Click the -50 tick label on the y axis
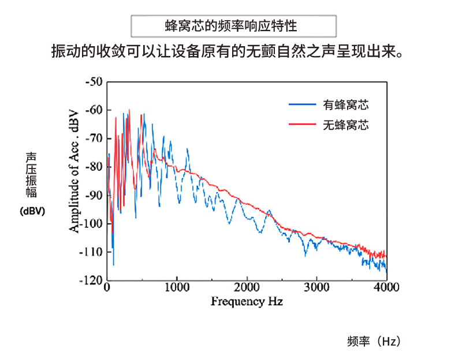click(x=93, y=82)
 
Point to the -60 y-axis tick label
click(x=93, y=110)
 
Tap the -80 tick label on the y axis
click(x=93, y=167)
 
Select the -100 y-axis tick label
click(x=91, y=223)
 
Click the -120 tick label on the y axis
click(x=91, y=280)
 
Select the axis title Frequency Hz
click(x=247, y=301)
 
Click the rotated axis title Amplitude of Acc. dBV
click(x=74, y=170)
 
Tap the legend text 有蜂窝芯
click(x=346, y=105)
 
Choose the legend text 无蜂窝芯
click(x=346, y=124)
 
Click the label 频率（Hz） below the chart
click(x=374, y=341)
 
